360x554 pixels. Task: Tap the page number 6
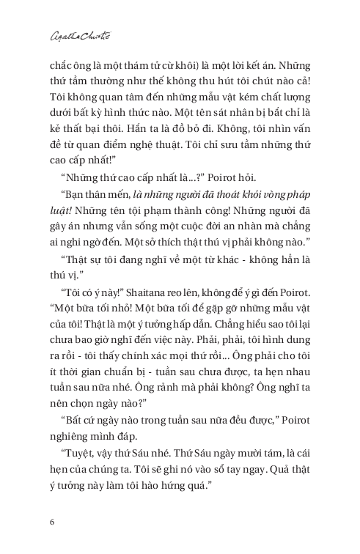click(51, 521)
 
